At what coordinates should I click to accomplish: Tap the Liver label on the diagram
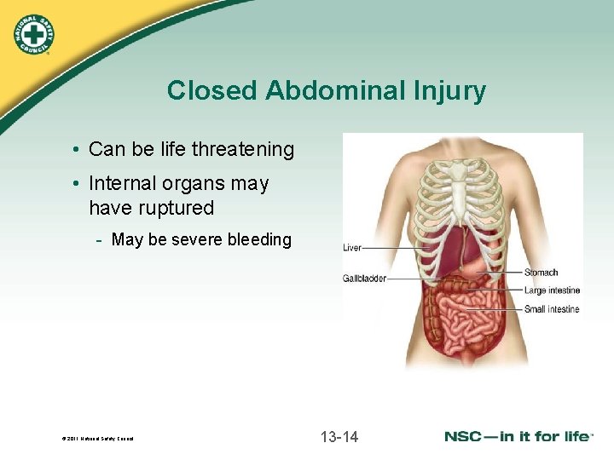tap(352, 248)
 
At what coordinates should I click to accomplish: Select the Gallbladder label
tap(364, 279)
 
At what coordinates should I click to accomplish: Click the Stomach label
tap(541, 273)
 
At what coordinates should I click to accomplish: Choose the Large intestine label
tap(552, 290)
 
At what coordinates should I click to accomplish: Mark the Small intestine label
tap(552, 309)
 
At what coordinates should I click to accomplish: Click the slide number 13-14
tap(339, 437)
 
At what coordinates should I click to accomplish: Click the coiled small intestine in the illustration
tap(465, 319)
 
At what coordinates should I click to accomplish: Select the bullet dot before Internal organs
tap(78, 184)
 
